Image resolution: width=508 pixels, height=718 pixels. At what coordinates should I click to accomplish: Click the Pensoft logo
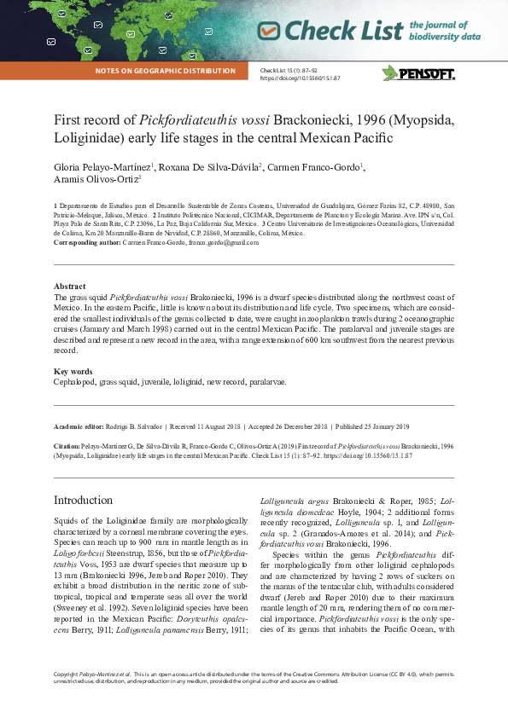[x=418, y=72]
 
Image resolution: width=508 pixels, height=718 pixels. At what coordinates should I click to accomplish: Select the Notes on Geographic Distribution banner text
[x=166, y=71]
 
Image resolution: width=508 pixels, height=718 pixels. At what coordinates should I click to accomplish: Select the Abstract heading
[x=69, y=287]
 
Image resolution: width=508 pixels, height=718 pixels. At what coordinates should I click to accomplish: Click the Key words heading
[x=73, y=371]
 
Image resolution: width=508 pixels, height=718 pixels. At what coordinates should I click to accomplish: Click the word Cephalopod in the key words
[x=75, y=383]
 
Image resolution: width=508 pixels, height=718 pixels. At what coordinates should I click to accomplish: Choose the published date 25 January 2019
[x=372, y=426]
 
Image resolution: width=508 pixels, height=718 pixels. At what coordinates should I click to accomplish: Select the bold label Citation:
[x=67, y=446]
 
